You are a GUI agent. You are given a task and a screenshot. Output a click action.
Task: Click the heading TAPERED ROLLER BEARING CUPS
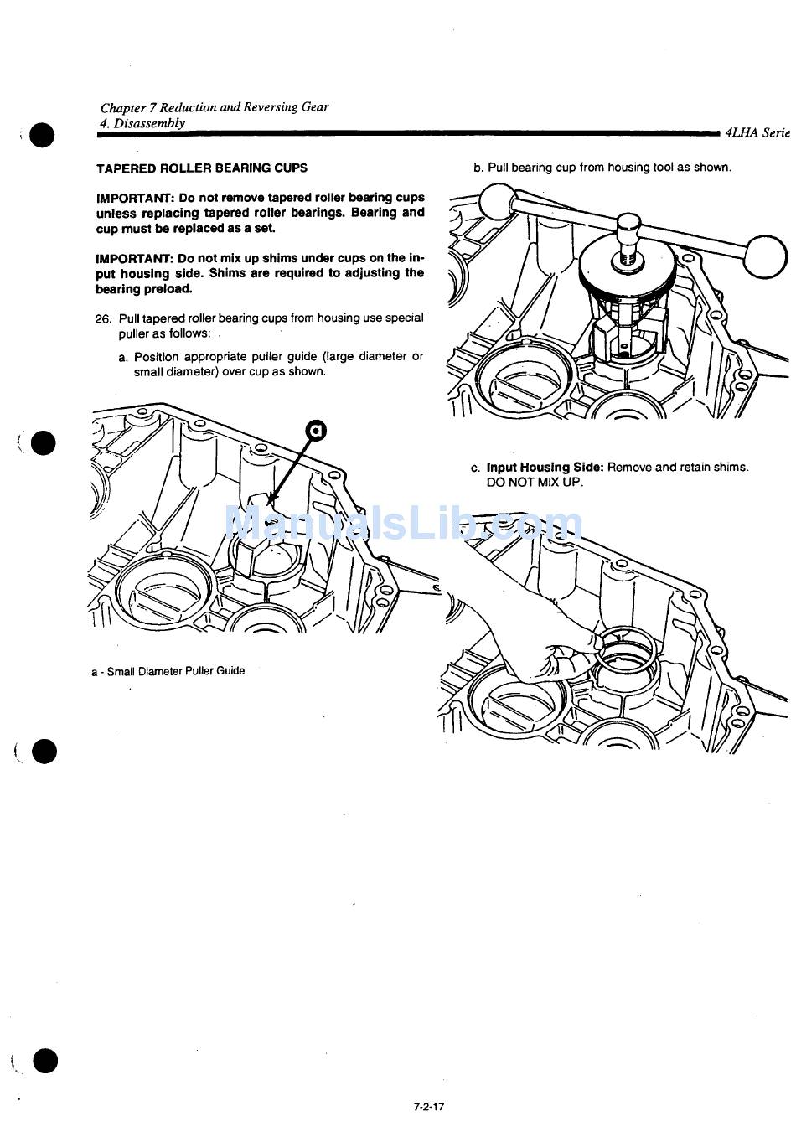[x=202, y=168]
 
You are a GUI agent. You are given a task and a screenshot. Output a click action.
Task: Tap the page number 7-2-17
[x=428, y=1106]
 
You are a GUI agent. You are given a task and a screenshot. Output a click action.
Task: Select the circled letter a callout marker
[x=316, y=431]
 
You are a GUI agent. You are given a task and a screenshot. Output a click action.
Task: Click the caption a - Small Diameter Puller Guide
[x=168, y=671]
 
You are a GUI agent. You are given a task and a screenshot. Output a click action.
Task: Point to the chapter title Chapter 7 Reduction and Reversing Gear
[x=215, y=107]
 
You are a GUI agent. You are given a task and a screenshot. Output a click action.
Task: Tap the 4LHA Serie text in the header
[x=758, y=132]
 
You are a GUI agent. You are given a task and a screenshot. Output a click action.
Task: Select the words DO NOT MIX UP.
[x=535, y=483]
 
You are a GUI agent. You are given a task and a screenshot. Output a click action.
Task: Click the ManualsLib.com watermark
[x=403, y=525]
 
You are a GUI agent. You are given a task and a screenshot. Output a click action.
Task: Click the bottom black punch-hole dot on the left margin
[x=45, y=1062]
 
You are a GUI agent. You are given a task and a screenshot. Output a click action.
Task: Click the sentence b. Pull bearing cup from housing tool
[x=602, y=168]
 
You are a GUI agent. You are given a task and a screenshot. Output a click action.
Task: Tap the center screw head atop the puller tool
[x=629, y=224]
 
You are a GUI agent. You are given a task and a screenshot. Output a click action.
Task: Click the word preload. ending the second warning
[x=168, y=289]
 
